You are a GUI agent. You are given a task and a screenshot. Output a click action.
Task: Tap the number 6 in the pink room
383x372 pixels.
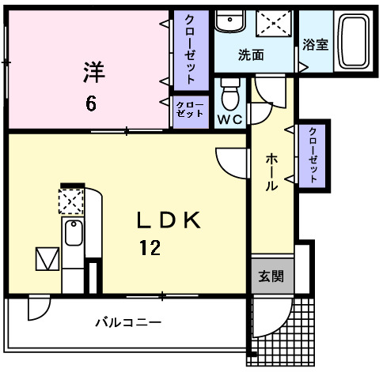click(93, 103)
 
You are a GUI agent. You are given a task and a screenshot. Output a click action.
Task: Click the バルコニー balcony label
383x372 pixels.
click(128, 322)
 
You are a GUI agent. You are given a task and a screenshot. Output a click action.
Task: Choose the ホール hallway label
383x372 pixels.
click(271, 173)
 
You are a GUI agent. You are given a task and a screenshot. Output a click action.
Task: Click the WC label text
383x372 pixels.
click(229, 118)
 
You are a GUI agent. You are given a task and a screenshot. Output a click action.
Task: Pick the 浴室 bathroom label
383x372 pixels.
click(316, 45)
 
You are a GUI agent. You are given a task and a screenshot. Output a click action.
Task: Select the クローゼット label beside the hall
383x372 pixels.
click(313, 155)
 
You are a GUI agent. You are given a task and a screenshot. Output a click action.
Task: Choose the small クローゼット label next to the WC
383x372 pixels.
click(189, 109)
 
